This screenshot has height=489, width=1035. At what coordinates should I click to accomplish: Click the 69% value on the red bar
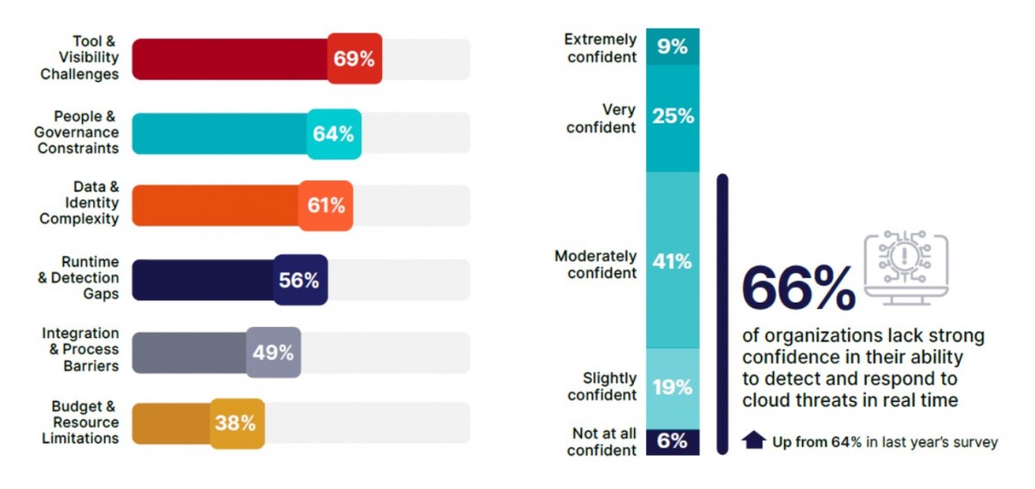pos(354,60)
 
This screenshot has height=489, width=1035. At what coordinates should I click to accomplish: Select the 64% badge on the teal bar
pos(334,134)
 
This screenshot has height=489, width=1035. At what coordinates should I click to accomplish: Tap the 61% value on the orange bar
pos(326,206)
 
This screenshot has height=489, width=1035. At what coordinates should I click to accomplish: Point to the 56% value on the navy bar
pos(299,280)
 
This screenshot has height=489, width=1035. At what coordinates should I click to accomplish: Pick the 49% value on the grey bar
pos(273,353)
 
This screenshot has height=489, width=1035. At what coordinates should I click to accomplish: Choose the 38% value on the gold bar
pos(235,423)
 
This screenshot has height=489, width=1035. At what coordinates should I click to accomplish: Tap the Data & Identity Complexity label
pos(79,204)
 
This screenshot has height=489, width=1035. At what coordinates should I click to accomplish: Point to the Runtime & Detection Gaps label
pos(84,278)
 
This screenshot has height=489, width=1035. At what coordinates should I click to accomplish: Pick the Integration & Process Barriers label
pos(80,349)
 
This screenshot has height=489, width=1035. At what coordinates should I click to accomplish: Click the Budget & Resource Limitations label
pos(80,423)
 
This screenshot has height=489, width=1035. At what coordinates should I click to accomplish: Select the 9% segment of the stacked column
pos(673,47)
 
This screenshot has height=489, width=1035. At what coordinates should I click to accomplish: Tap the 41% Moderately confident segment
pos(673,261)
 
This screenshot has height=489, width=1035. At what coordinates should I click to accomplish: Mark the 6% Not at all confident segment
pos(673,442)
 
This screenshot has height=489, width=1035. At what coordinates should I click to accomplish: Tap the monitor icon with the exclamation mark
pos(906,267)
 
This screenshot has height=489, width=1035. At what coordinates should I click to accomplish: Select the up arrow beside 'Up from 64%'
pos(754,441)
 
